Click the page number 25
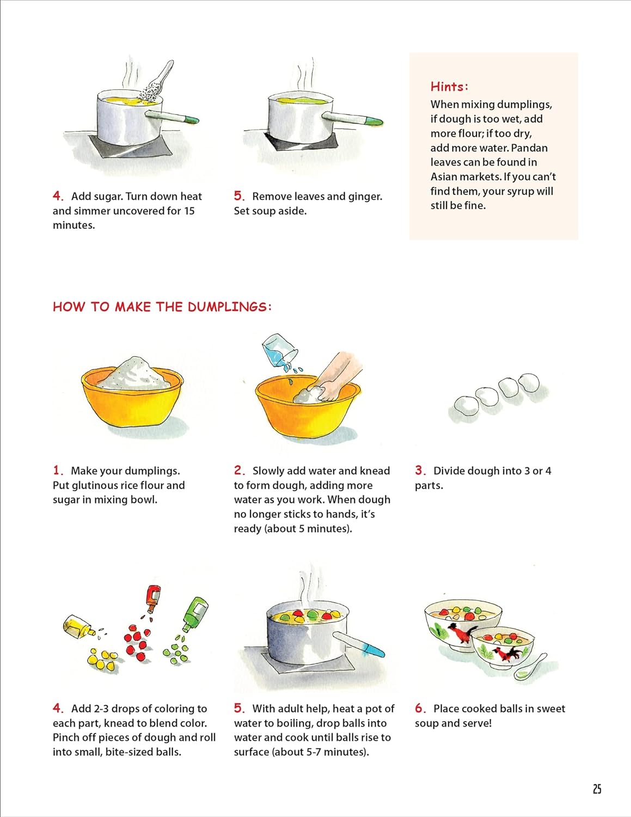click(597, 789)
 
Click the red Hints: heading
click(450, 87)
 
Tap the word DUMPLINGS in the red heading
click(229, 307)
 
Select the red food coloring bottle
click(152, 599)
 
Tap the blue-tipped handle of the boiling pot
click(359, 644)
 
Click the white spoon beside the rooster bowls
click(531, 667)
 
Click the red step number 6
click(420, 709)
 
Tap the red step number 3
click(420, 471)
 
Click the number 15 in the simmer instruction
click(189, 211)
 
